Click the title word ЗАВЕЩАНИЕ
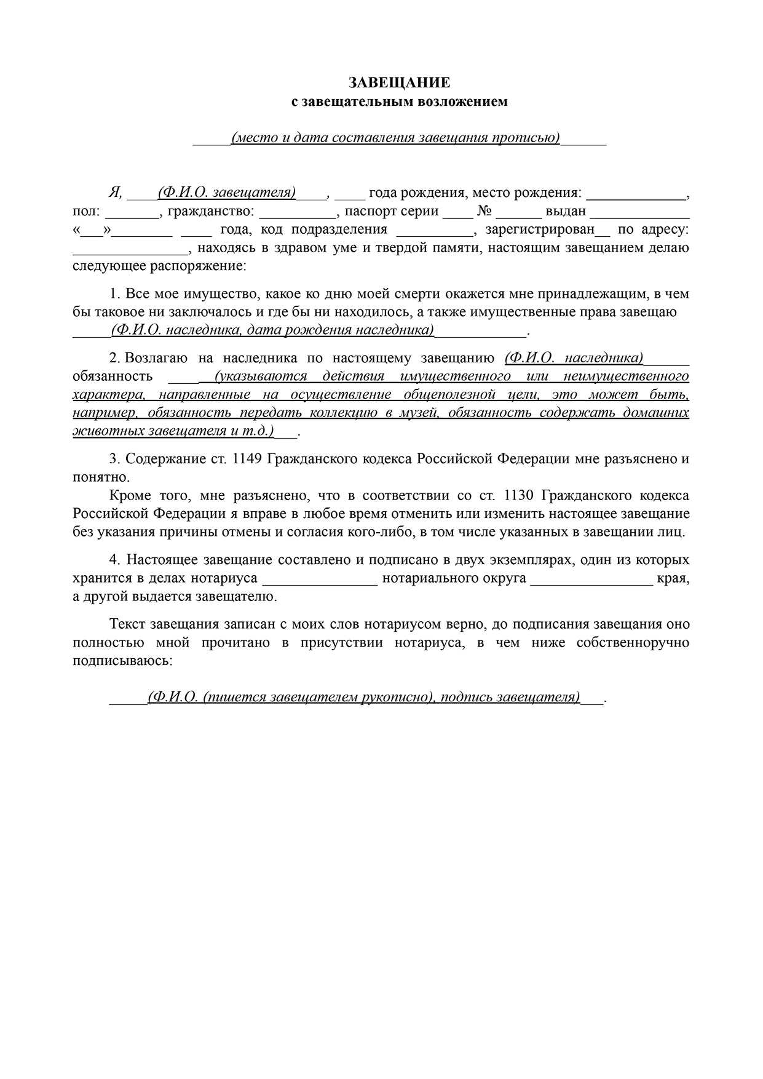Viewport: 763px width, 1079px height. pos(400,82)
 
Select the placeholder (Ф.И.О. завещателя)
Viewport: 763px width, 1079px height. pos(227,193)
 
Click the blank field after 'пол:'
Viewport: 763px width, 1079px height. pos(132,212)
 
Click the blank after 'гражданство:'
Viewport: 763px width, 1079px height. pos(298,212)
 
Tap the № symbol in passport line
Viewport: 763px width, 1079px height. pos(484,211)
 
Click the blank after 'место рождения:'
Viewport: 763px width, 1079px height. pos(636,193)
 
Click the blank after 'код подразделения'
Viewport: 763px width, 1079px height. pos(434,230)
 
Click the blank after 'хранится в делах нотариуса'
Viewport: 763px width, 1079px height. pos(320,579)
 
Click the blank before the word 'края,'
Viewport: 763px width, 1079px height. pos(591,579)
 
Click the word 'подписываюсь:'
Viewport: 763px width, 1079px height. pos(122,661)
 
